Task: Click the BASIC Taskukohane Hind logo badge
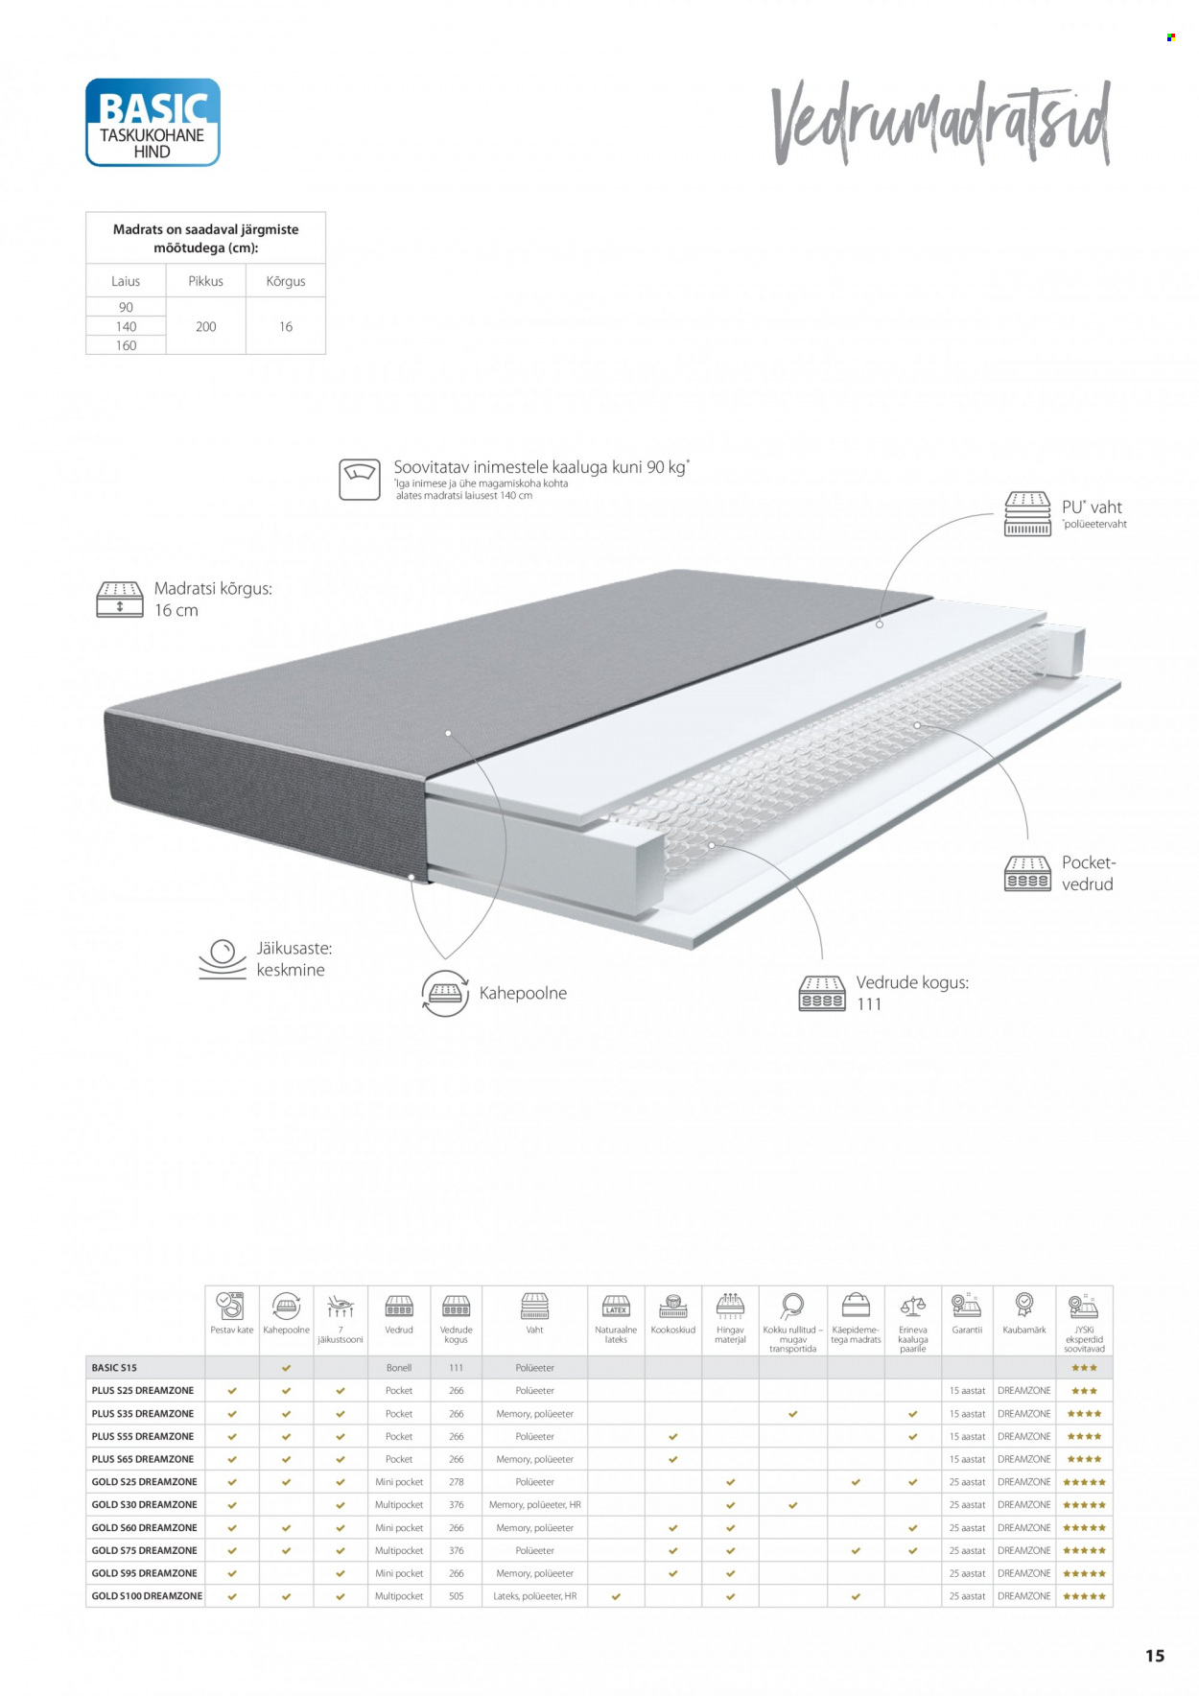pyautogui.click(x=153, y=123)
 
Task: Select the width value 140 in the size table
pyautogui.click(x=126, y=326)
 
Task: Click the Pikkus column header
pyautogui.click(x=205, y=281)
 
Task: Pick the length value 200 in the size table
pyautogui.click(x=205, y=326)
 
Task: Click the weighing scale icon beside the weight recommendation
pyautogui.click(x=360, y=479)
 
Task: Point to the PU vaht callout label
pyautogui.click(x=1092, y=508)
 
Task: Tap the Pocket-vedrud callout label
pyautogui.click(x=1088, y=873)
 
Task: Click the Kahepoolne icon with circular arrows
pyautogui.click(x=445, y=993)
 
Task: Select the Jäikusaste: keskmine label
pyautogui.click(x=293, y=959)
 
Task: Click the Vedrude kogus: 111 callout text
pyautogui.click(x=911, y=993)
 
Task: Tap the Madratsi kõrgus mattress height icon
pyautogui.click(x=120, y=600)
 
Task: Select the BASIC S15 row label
pyautogui.click(x=114, y=1368)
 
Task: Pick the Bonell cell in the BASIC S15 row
pyautogui.click(x=399, y=1368)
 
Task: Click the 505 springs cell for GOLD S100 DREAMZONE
pyautogui.click(x=457, y=1596)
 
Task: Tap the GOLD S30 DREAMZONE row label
pyautogui.click(x=144, y=1505)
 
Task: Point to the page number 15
pyautogui.click(x=1155, y=1656)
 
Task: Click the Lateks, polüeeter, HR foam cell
pyautogui.click(x=534, y=1596)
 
